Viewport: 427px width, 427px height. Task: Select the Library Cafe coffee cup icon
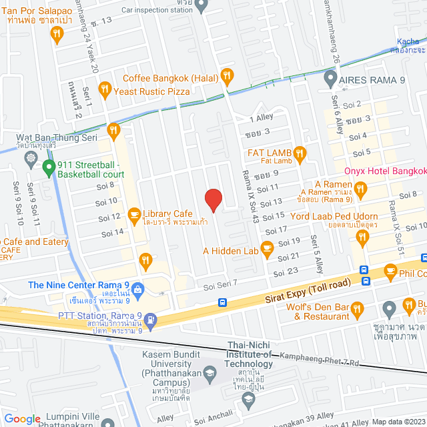point(134,214)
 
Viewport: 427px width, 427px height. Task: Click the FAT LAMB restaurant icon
point(300,155)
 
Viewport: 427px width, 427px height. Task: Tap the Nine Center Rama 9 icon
point(138,290)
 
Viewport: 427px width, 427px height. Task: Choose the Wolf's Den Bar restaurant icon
point(357,308)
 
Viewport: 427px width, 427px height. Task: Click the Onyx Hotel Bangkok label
point(384,171)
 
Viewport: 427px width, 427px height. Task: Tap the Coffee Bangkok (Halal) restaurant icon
point(228,76)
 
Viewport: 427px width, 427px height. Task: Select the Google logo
point(22,418)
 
